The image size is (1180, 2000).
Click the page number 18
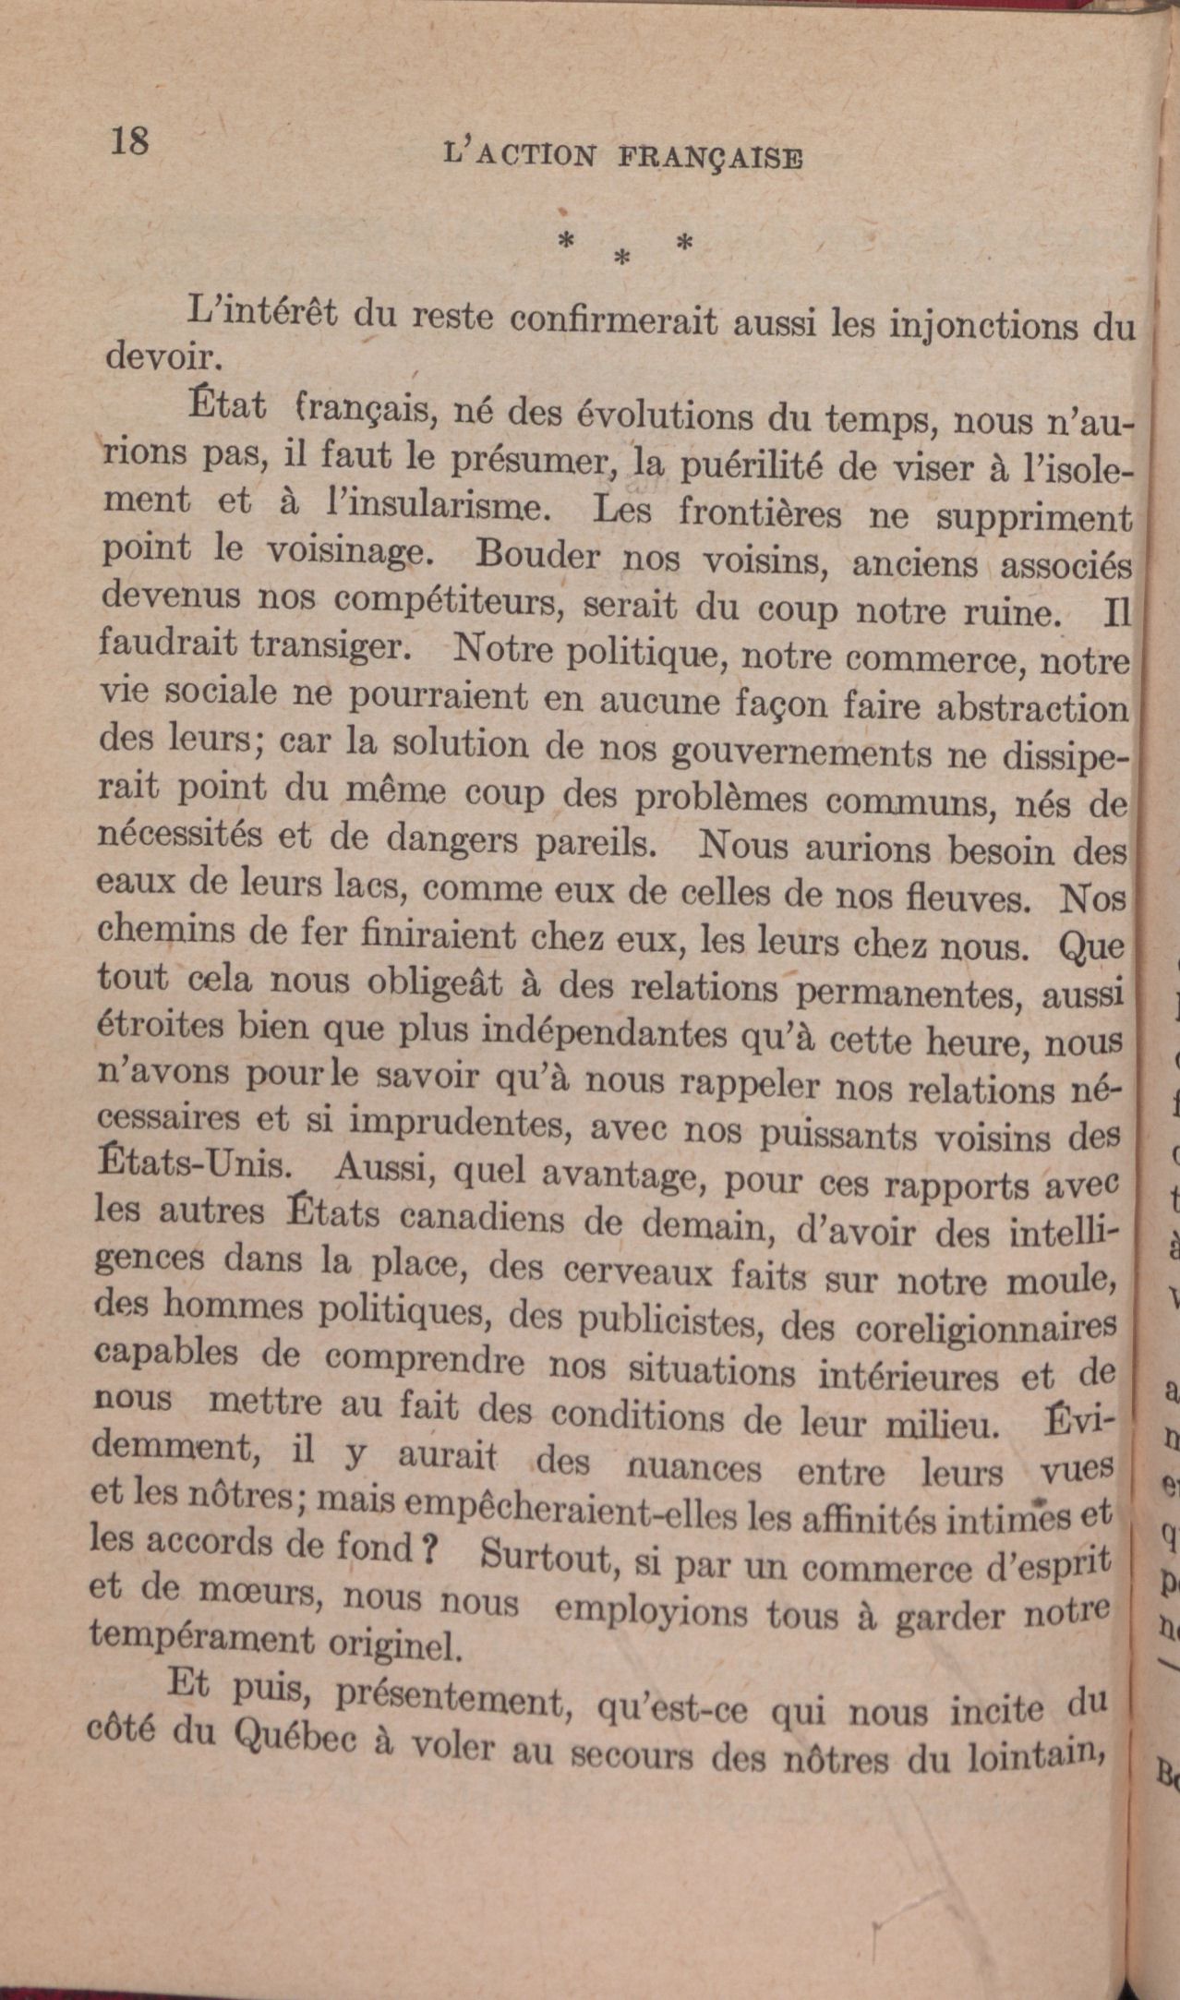point(129,141)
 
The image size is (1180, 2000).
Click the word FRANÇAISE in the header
point(710,157)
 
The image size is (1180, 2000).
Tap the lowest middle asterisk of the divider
point(622,261)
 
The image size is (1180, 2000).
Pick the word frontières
point(759,513)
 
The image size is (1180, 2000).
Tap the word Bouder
point(538,556)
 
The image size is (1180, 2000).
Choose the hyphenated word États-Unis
point(193,1163)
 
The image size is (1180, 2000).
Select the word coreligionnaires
point(986,1327)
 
